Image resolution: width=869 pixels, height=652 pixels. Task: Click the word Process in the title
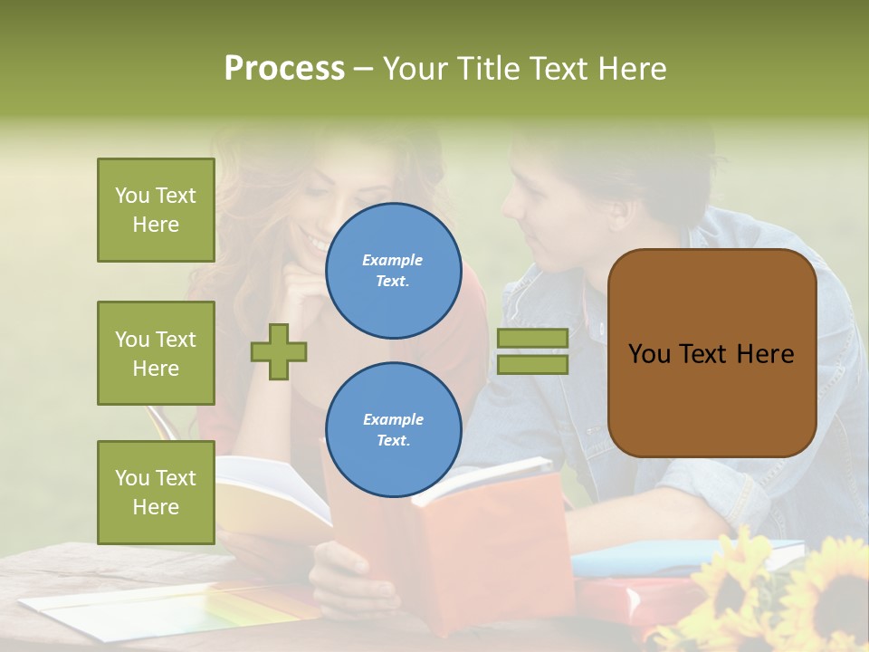point(284,69)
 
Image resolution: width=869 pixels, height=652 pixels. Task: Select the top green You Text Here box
point(156,210)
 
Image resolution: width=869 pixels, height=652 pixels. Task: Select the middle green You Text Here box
point(156,353)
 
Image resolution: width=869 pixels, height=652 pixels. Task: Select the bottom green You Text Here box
point(156,492)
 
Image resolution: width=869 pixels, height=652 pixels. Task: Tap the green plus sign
point(279,351)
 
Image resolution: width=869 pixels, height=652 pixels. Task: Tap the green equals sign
point(532,351)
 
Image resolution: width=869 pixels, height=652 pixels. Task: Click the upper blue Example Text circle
point(393,271)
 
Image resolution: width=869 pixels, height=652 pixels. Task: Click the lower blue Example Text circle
point(393,430)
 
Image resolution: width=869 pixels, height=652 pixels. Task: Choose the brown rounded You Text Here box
point(711,353)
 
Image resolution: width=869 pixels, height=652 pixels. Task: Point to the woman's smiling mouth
point(317,243)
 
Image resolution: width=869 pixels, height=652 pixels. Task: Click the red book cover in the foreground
point(507,543)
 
